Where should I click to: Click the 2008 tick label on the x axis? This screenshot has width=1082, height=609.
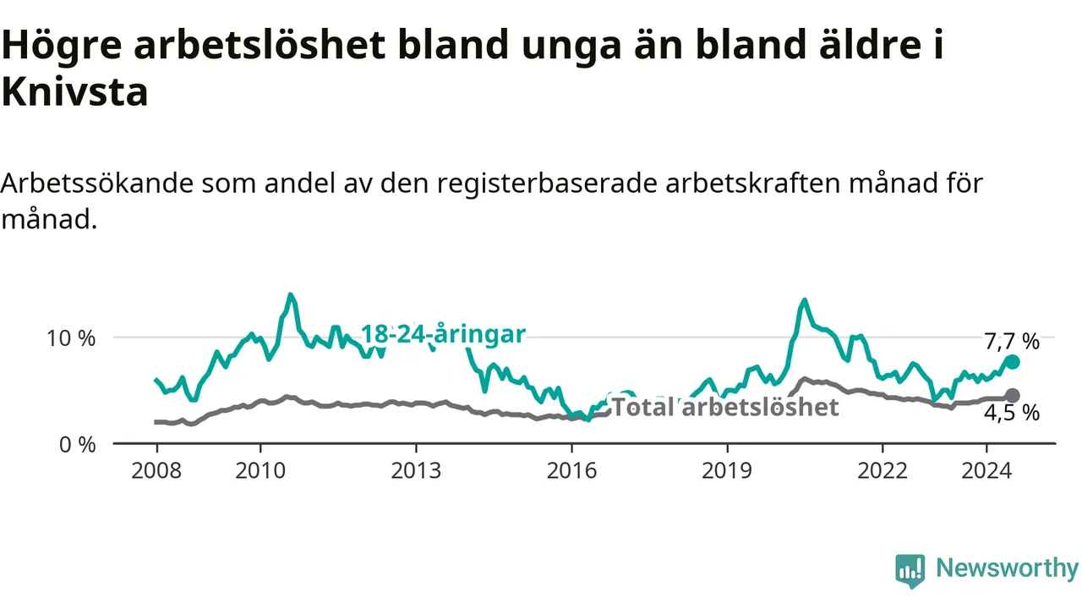pyautogui.click(x=156, y=471)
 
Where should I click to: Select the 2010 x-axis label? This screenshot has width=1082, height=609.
pyautogui.click(x=260, y=471)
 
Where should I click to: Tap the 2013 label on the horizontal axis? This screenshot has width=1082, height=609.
pyautogui.click(x=416, y=471)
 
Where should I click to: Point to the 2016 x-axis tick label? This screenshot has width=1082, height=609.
pyautogui.click(x=571, y=471)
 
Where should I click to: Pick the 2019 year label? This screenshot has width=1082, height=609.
pyautogui.click(x=727, y=471)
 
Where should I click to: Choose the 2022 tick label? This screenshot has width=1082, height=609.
pyautogui.click(x=883, y=471)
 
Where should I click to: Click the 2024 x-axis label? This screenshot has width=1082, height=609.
pyautogui.click(x=986, y=471)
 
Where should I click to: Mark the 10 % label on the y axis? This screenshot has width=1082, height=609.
pyautogui.click(x=70, y=338)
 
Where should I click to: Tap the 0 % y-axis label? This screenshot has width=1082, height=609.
pyautogui.click(x=77, y=445)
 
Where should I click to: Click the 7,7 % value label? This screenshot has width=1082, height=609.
pyautogui.click(x=1012, y=342)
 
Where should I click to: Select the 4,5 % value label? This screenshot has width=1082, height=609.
pyautogui.click(x=1012, y=414)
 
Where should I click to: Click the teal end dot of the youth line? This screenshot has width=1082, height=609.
pyautogui.click(x=1012, y=362)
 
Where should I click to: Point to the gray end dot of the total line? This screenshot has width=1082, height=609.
pyautogui.click(x=1013, y=395)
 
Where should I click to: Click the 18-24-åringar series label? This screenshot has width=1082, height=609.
pyautogui.click(x=443, y=334)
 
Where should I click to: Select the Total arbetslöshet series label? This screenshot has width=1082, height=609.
pyautogui.click(x=725, y=407)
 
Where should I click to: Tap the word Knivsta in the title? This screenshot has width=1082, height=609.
pyautogui.click(x=74, y=92)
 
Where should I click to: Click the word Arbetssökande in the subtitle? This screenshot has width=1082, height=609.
pyautogui.click(x=96, y=184)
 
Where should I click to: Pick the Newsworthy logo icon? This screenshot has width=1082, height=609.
pyautogui.click(x=910, y=571)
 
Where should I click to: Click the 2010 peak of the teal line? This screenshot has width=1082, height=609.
pyautogui.click(x=290, y=294)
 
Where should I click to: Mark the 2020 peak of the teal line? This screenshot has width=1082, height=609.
pyautogui.click(x=804, y=299)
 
